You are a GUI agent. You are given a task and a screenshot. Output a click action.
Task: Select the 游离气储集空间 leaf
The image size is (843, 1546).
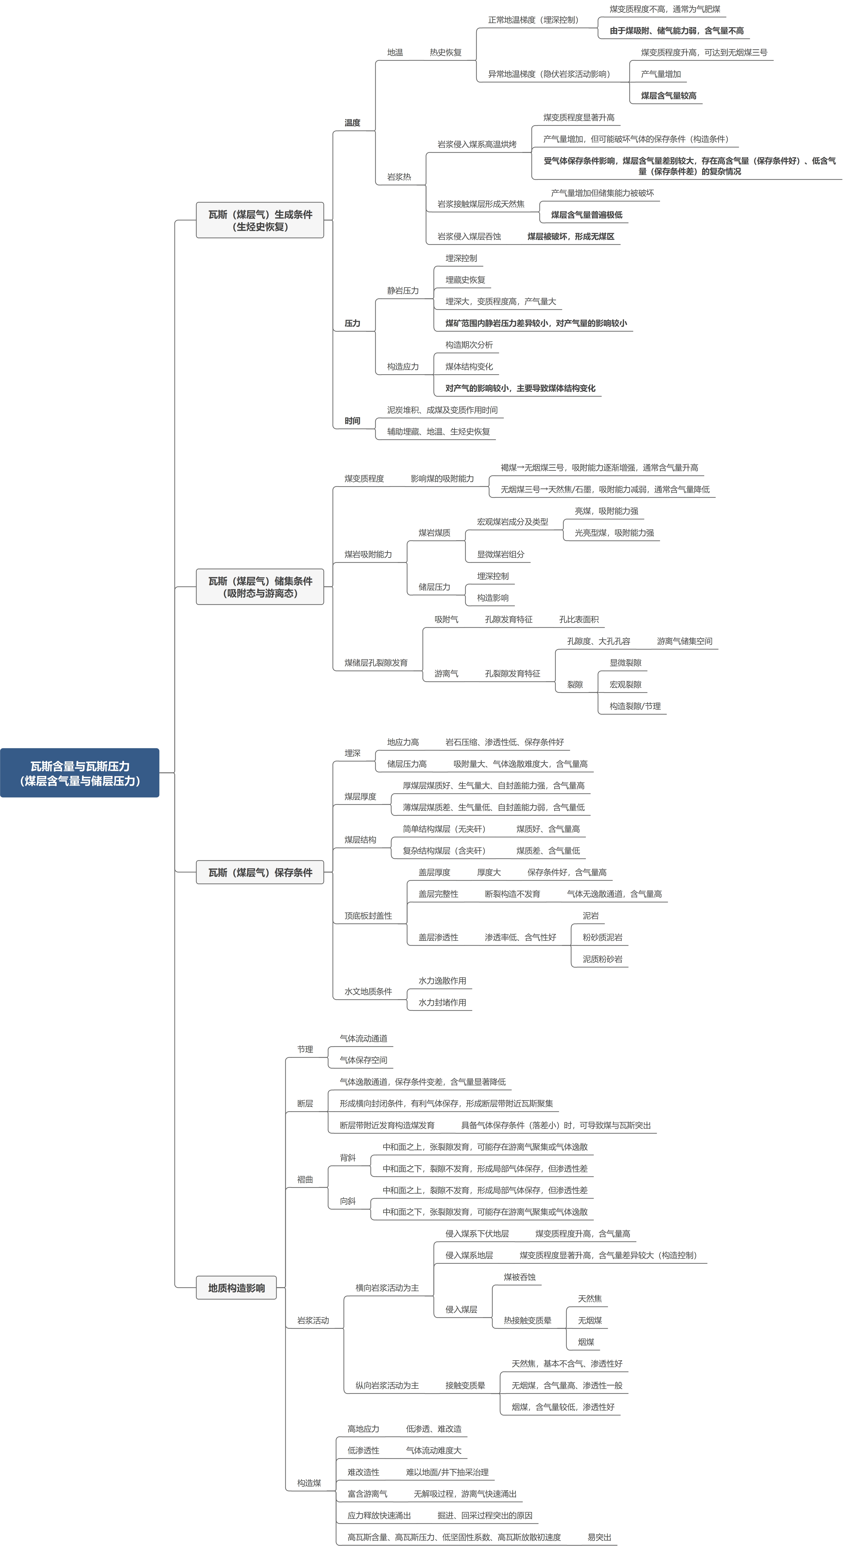pyautogui.click(x=685, y=641)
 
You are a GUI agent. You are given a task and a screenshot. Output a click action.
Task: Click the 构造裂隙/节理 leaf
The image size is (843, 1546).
pyautogui.click(x=635, y=706)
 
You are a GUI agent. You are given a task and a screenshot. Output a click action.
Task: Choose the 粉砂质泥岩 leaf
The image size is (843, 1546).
pyautogui.click(x=602, y=937)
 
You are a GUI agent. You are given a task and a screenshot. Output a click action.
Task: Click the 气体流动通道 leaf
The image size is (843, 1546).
pyautogui.click(x=364, y=1038)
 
